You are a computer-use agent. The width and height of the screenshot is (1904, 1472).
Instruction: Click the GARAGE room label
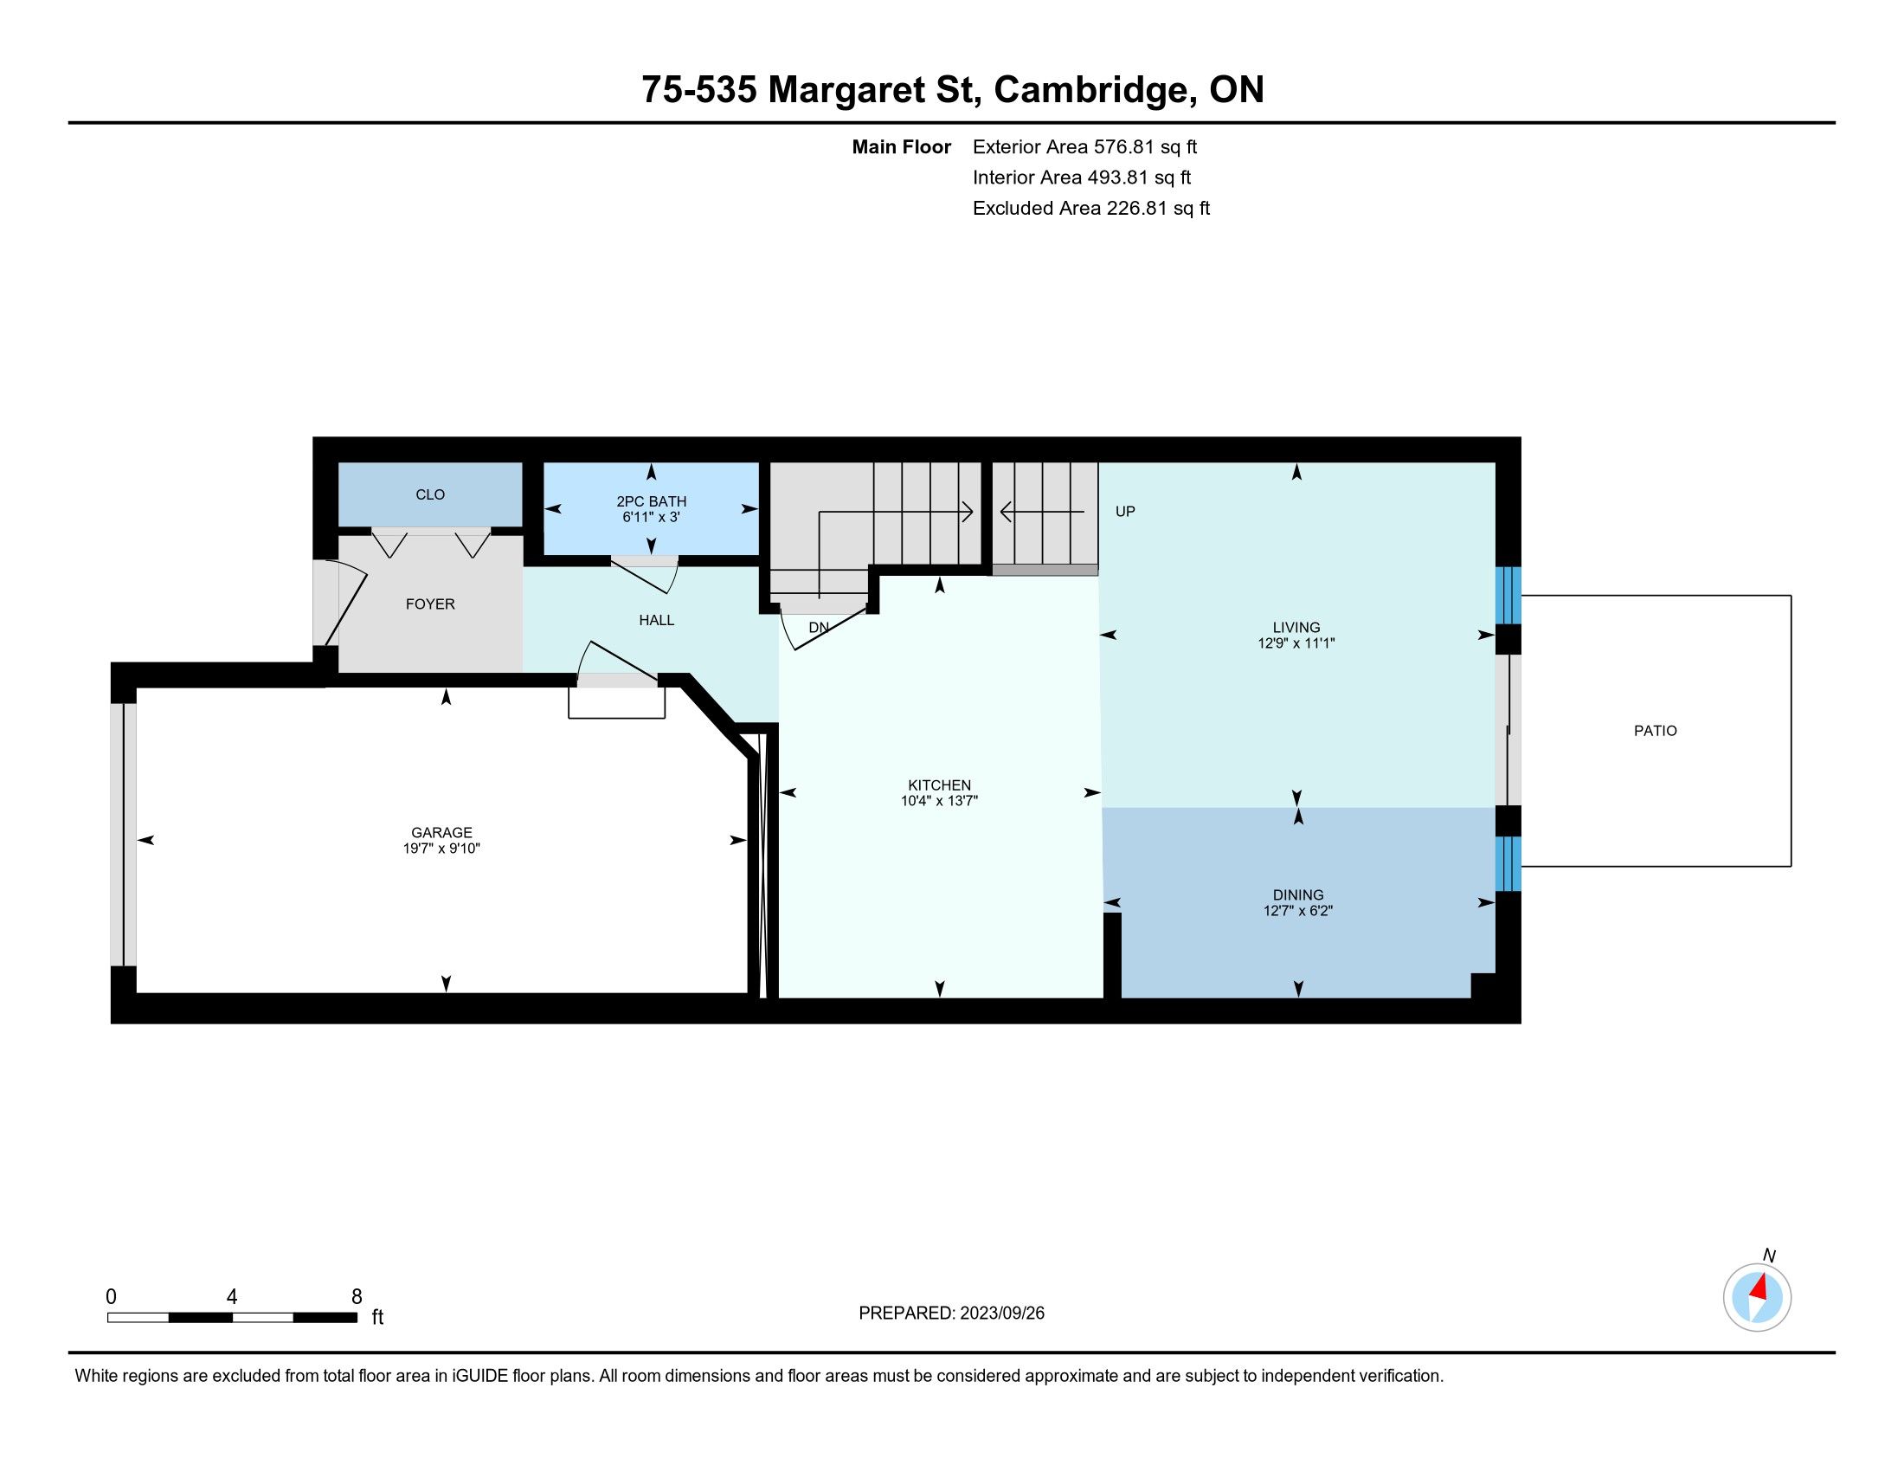(x=441, y=832)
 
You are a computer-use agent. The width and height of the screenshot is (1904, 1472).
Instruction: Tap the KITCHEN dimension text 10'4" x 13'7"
(x=939, y=801)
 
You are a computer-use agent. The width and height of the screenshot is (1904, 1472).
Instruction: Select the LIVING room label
(x=1296, y=627)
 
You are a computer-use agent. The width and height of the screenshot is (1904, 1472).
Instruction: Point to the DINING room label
(x=1298, y=894)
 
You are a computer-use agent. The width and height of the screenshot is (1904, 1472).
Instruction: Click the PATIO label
(x=1655, y=731)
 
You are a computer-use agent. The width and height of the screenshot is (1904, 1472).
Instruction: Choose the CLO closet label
(x=430, y=494)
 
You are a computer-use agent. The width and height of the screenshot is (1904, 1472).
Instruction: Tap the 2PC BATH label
(x=651, y=501)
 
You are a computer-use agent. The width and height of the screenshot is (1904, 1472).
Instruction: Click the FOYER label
(x=430, y=604)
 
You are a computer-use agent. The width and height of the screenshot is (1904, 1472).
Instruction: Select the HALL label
(x=657, y=620)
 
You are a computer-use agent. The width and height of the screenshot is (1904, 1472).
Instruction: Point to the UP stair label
(x=1124, y=511)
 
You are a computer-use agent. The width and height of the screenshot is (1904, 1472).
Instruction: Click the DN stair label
(x=819, y=627)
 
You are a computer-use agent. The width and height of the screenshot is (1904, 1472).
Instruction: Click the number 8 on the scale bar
(x=357, y=1297)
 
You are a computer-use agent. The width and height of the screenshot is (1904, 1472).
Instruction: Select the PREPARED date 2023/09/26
(x=1001, y=1314)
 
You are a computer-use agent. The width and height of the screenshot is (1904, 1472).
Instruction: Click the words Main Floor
(x=902, y=146)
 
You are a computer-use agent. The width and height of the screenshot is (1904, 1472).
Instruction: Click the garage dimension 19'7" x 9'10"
(x=441, y=848)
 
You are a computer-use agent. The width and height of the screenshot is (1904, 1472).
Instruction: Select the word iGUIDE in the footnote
(x=479, y=1376)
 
